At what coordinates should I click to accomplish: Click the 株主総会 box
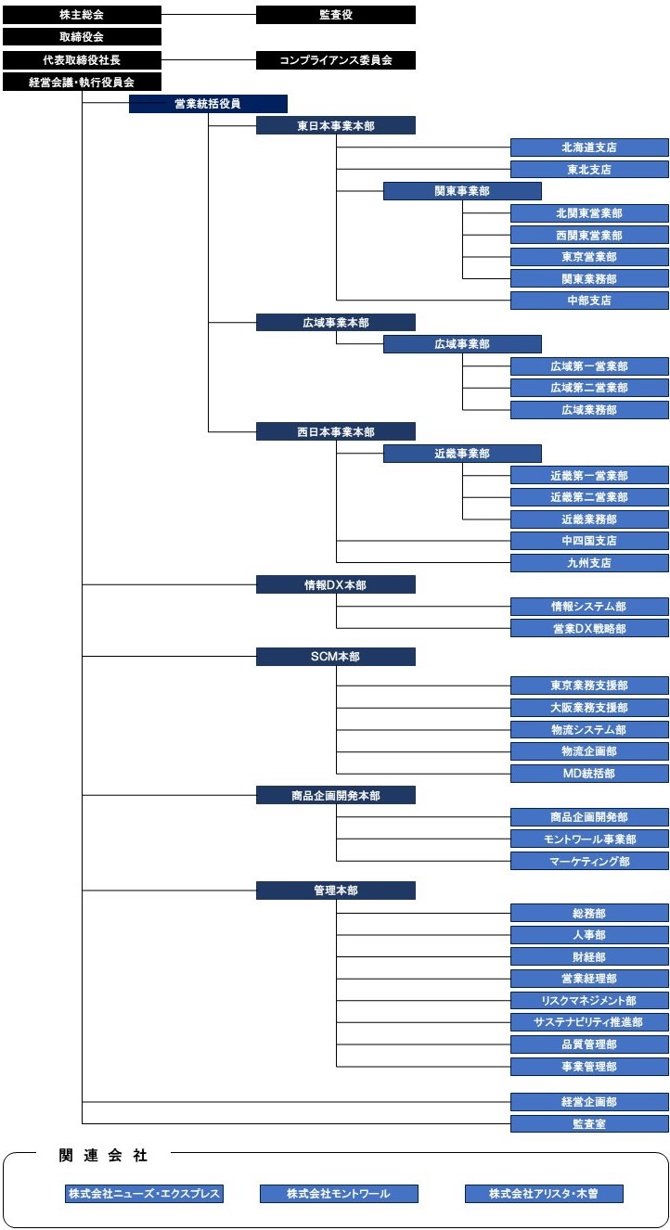click(x=82, y=15)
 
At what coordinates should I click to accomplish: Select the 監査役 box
click(x=336, y=15)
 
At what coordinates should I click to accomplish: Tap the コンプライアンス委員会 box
click(x=336, y=60)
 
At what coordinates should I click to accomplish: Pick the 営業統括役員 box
click(x=208, y=104)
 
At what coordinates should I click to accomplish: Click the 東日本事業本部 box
click(x=336, y=126)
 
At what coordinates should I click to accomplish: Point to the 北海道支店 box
click(x=589, y=147)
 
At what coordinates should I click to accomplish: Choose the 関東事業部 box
click(x=462, y=191)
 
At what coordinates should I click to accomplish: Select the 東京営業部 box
click(x=589, y=257)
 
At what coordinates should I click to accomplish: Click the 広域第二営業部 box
click(x=589, y=388)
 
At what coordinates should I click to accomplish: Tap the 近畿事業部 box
click(x=462, y=454)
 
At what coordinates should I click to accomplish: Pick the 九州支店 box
click(x=589, y=563)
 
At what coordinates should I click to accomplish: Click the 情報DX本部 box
click(x=336, y=584)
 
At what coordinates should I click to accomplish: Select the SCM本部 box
click(x=336, y=656)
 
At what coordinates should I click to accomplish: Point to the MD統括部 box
click(x=589, y=773)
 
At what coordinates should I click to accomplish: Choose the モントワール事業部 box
click(x=589, y=839)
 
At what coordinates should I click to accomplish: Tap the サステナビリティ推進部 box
click(x=589, y=1022)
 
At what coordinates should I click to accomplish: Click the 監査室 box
click(x=589, y=1123)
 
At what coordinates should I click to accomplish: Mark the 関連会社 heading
click(x=103, y=1155)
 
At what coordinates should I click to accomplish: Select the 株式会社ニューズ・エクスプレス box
click(x=144, y=1193)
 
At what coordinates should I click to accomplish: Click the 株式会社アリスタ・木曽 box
click(x=544, y=1193)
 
